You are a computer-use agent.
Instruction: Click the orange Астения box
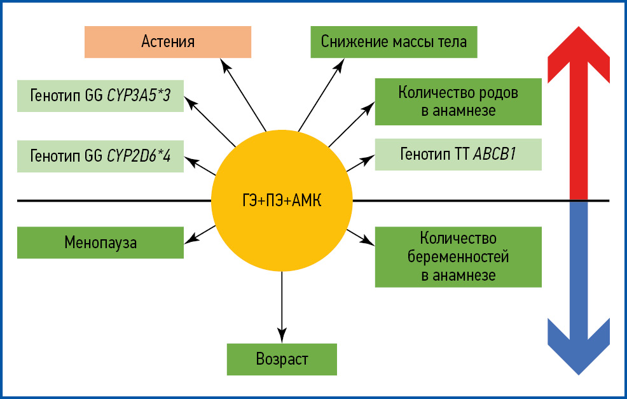[x=168, y=42]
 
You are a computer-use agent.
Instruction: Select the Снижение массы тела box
[x=394, y=42]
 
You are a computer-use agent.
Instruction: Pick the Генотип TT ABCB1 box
[x=458, y=154]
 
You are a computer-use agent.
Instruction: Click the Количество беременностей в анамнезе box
[x=458, y=257]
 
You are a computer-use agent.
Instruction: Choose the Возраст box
[x=282, y=359]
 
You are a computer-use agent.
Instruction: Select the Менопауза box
[x=100, y=242]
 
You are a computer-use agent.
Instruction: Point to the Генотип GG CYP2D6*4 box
[x=100, y=155]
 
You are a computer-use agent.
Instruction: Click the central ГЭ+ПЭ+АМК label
[x=281, y=202]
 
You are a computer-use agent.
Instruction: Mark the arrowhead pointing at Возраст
[x=282, y=334]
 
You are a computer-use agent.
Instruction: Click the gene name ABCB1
[x=493, y=154]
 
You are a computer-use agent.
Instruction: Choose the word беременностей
[x=458, y=257]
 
